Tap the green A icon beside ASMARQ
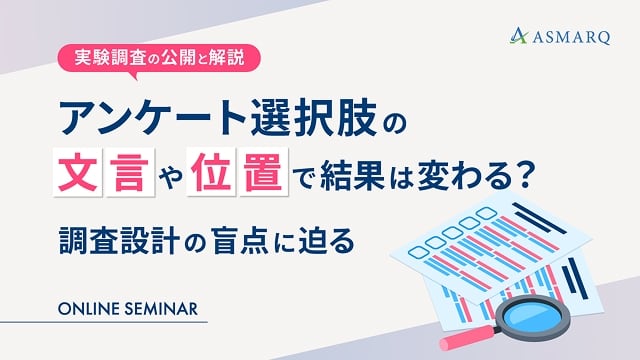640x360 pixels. click(x=518, y=38)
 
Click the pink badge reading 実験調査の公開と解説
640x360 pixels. click(x=160, y=57)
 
